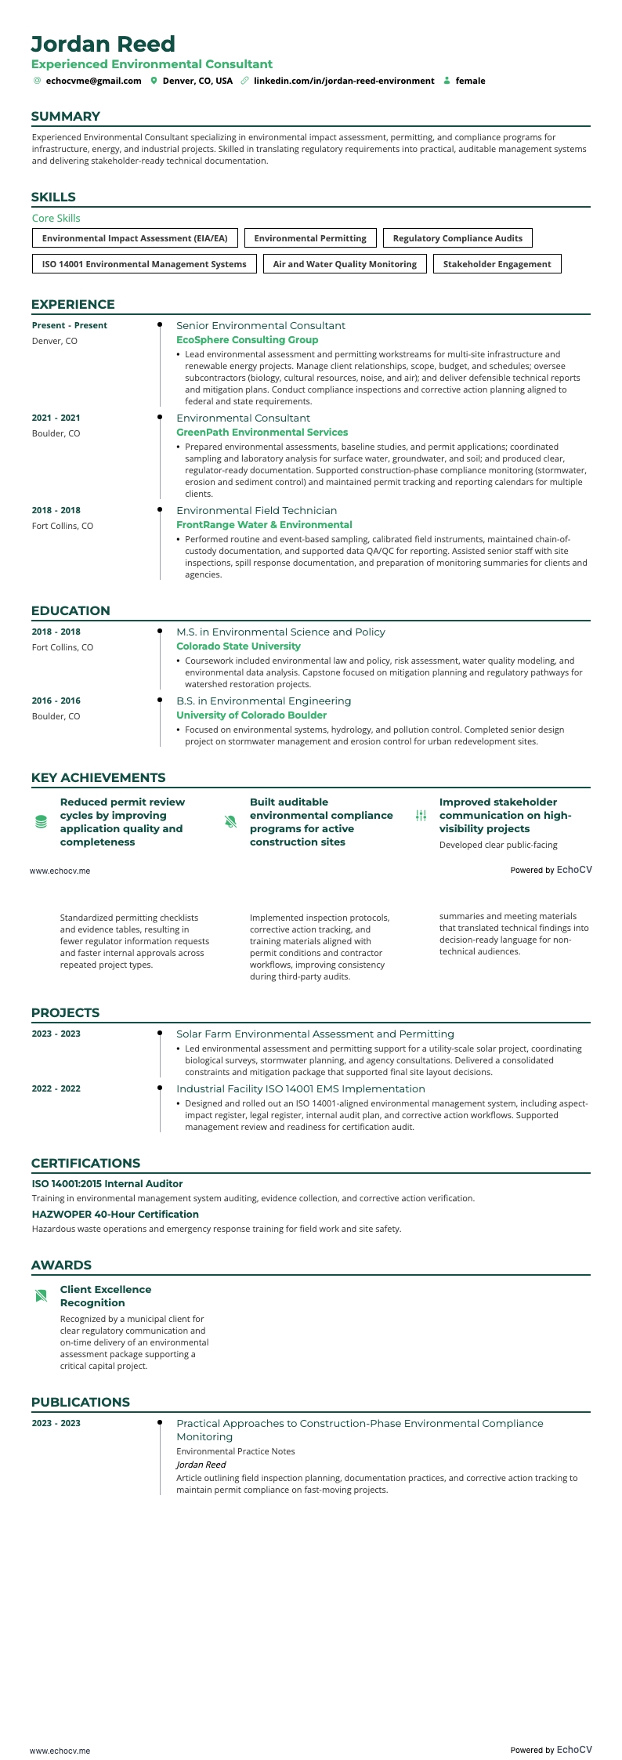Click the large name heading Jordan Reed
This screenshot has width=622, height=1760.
(x=103, y=44)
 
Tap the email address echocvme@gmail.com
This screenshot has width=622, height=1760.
(x=93, y=81)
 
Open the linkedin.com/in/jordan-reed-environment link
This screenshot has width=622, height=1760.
(x=343, y=81)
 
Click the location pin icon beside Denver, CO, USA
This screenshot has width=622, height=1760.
(x=154, y=81)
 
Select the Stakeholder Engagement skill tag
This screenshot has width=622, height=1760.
(x=497, y=264)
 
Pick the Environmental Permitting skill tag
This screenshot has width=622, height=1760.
(x=310, y=238)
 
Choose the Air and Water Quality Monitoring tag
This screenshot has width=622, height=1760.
(x=345, y=264)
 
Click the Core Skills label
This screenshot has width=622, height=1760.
(x=56, y=218)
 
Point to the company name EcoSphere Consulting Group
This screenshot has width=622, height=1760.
(x=247, y=340)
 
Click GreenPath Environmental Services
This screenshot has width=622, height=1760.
(x=262, y=433)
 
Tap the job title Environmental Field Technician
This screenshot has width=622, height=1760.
(x=256, y=510)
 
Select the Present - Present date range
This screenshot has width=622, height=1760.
(x=70, y=325)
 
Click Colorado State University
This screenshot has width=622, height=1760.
(x=238, y=646)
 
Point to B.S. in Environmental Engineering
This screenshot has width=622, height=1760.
(x=263, y=701)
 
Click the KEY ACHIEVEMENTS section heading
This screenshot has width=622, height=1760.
(x=98, y=777)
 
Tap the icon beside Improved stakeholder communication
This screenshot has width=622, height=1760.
(x=421, y=816)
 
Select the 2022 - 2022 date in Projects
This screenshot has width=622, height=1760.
(x=56, y=1088)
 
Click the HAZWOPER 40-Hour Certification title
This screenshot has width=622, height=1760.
(x=115, y=1214)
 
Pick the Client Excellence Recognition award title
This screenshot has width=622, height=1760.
(x=106, y=1295)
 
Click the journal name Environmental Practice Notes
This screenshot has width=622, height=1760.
(x=235, y=1451)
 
